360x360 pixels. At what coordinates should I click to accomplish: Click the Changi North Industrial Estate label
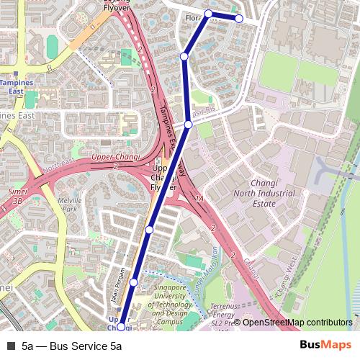point(263,194)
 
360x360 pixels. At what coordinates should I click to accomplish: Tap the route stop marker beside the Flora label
point(209,14)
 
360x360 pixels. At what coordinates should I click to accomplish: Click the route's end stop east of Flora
point(239,19)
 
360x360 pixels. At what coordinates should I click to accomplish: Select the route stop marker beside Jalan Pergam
point(133,282)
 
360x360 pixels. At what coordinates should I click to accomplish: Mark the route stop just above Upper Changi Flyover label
point(188,125)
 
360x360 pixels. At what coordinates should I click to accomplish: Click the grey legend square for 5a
point(10,346)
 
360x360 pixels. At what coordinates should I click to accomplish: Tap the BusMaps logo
point(326,345)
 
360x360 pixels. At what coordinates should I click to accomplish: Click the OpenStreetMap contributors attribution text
point(297,323)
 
